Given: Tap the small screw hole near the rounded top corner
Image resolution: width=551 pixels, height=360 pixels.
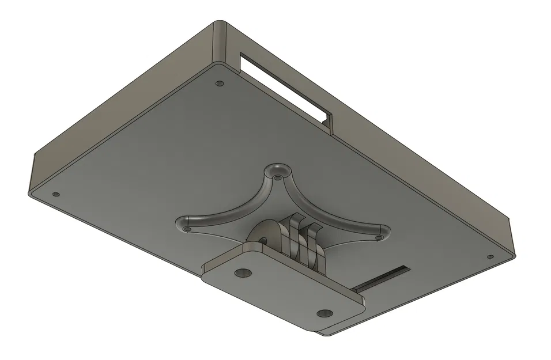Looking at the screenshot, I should click(x=219, y=84).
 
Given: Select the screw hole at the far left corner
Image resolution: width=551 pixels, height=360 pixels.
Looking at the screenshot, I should click(x=56, y=194).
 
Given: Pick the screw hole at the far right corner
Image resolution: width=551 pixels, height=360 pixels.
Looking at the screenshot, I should click(x=490, y=257).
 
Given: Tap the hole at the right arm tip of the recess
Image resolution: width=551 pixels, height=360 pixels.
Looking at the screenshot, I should click(x=379, y=236).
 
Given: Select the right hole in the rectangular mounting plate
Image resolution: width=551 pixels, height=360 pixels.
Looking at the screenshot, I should click(x=324, y=313).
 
